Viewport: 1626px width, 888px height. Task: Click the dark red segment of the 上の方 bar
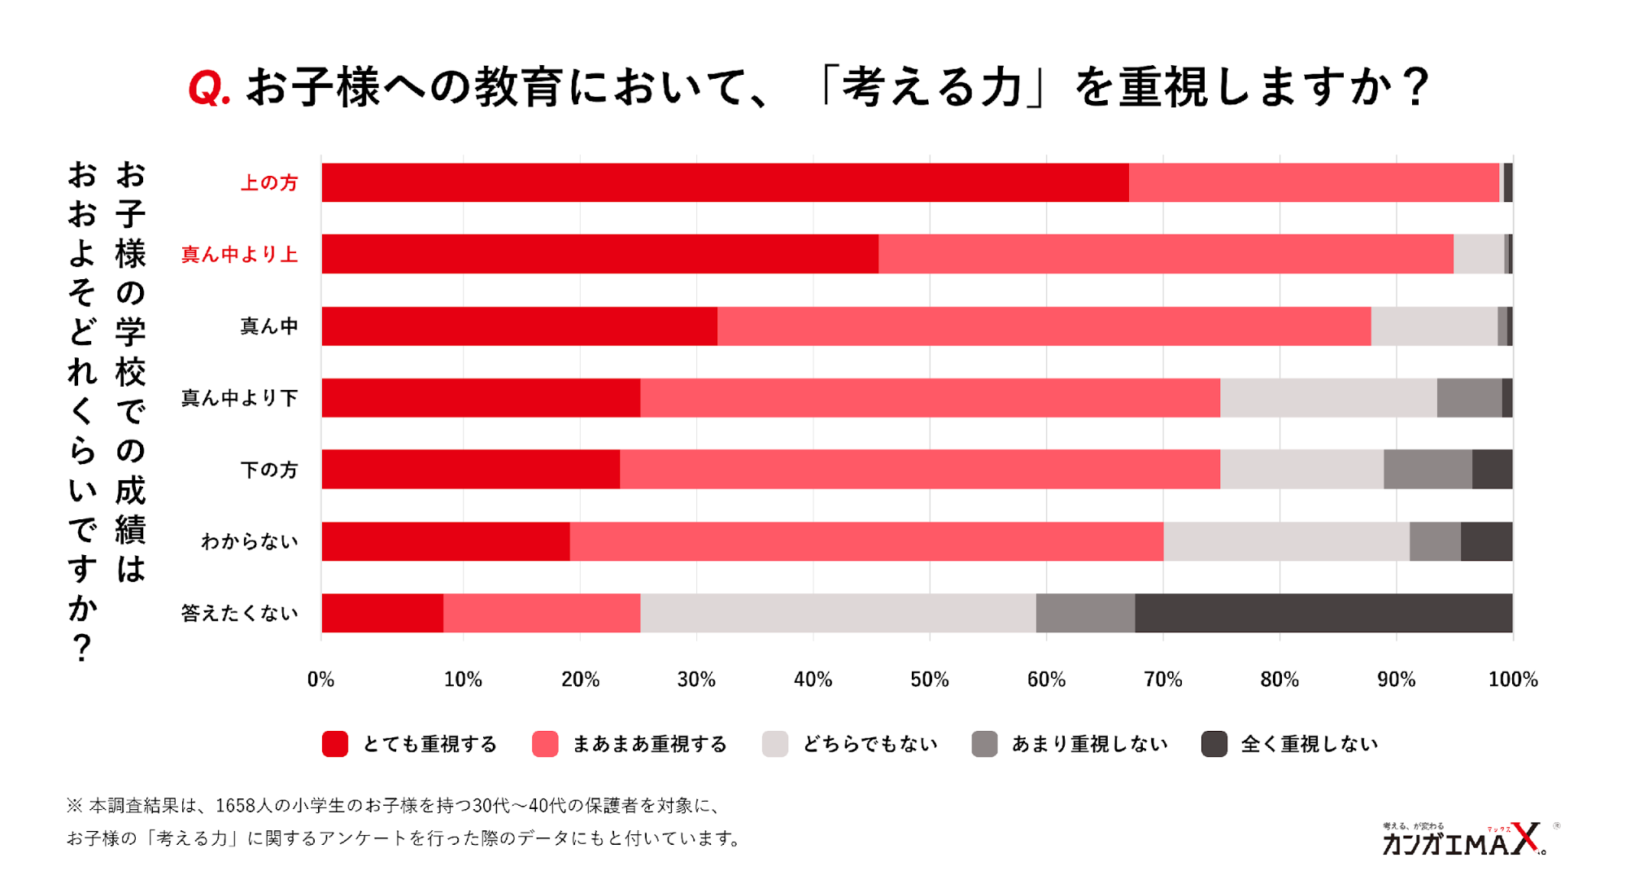[x=724, y=182]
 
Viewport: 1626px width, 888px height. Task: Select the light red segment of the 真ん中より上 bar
[x=1165, y=254]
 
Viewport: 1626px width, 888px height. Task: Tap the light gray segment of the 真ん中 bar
[x=1433, y=326]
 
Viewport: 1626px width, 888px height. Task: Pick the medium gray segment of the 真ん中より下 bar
[x=1468, y=397]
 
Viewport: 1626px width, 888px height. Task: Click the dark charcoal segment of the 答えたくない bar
[x=1323, y=613]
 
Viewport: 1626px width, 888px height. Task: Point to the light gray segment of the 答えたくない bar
[x=838, y=613]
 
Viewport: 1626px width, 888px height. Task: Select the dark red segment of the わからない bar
[x=445, y=541]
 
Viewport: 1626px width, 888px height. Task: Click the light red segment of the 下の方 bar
[x=919, y=470]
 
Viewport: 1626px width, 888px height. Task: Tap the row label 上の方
[x=269, y=183]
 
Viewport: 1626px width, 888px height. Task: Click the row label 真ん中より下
[x=239, y=398]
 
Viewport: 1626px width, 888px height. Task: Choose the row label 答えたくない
[x=239, y=613]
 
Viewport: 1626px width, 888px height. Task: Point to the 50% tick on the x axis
[x=929, y=680]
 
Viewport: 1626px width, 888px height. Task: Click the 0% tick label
[x=320, y=680]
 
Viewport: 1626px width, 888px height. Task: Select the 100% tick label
[x=1512, y=680]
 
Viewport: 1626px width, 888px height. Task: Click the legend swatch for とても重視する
[x=335, y=744]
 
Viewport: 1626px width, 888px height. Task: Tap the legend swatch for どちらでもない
[x=775, y=744]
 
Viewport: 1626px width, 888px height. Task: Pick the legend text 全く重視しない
[x=1309, y=744]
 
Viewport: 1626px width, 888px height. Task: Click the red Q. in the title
[x=209, y=88]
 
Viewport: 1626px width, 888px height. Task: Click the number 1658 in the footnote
[x=234, y=806]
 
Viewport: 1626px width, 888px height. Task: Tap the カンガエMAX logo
[x=1463, y=840]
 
